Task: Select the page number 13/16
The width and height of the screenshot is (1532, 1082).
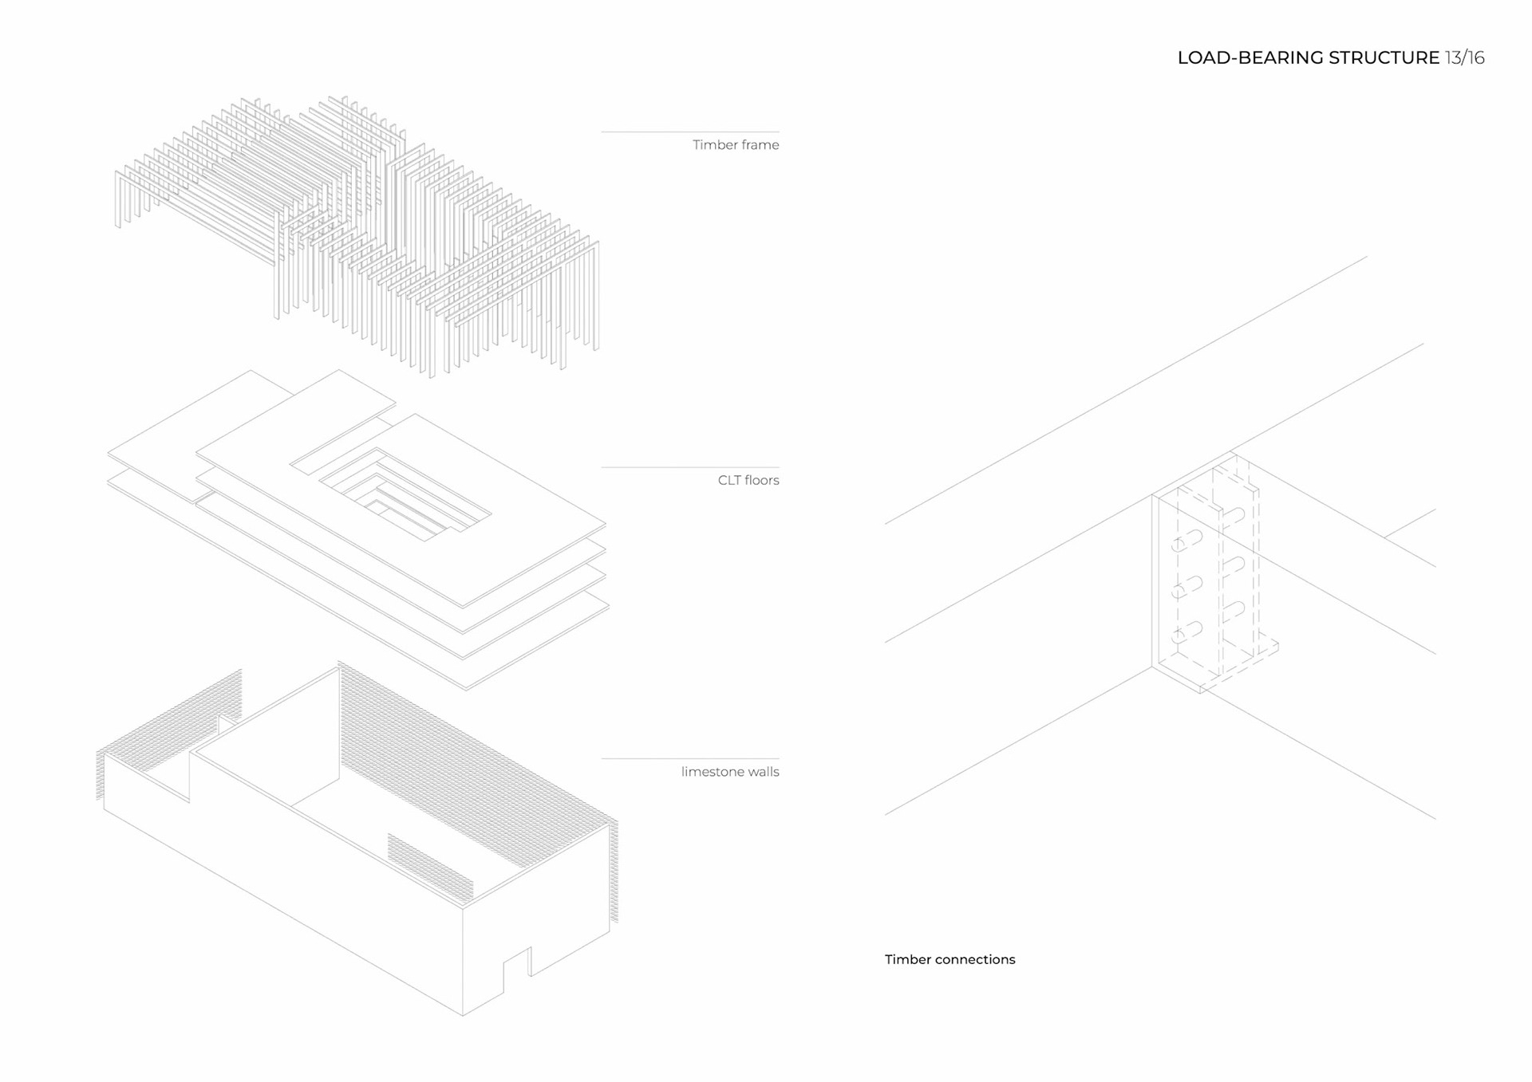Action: (x=1464, y=57)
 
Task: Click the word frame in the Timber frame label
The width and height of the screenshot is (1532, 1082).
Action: (x=758, y=144)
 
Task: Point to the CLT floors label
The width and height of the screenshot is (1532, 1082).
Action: (x=748, y=480)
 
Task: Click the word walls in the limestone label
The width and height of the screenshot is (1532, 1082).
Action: (x=763, y=771)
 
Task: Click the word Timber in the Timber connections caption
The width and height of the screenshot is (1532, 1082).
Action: (x=907, y=959)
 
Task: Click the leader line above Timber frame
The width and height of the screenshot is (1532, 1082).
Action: (x=689, y=132)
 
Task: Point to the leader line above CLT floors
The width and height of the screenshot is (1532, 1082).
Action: (x=689, y=467)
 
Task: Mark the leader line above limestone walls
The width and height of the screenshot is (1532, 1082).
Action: (x=689, y=758)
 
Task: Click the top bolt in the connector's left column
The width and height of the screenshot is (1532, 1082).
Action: (x=1187, y=542)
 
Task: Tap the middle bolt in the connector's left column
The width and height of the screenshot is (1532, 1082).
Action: (x=1187, y=588)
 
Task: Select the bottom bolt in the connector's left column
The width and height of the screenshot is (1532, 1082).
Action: (x=1187, y=633)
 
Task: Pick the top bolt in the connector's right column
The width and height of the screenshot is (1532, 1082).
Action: (x=1233, y=516)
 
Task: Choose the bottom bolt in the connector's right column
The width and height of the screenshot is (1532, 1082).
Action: (x=1233, y=610)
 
